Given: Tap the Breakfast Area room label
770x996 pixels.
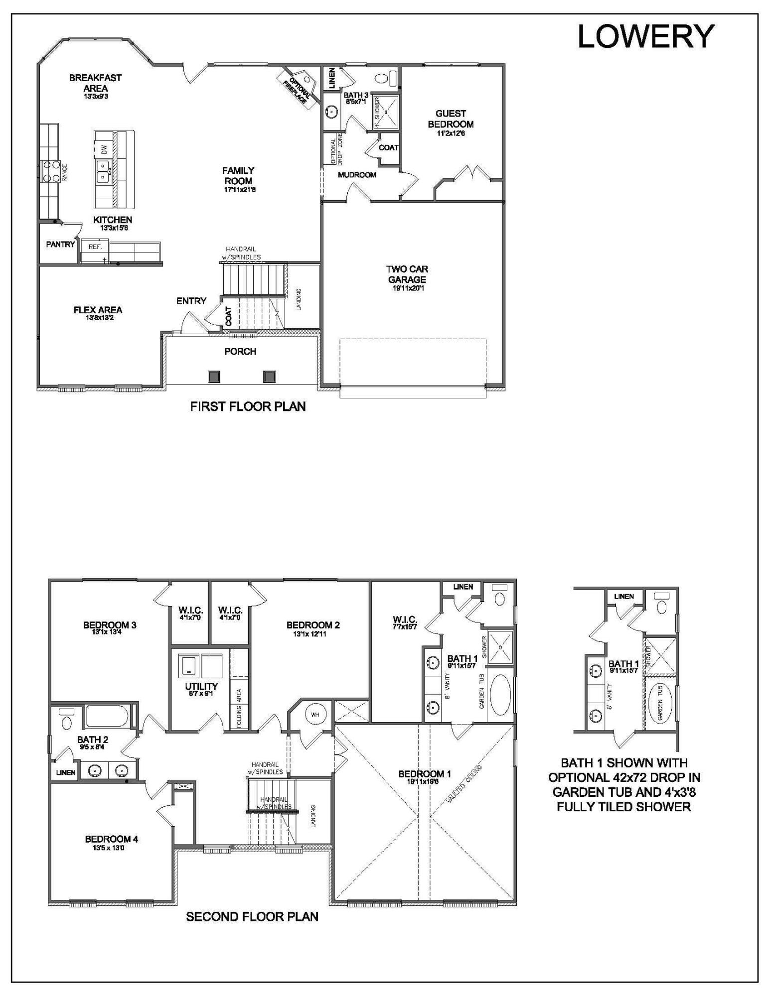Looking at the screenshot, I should click(x=95, y=83).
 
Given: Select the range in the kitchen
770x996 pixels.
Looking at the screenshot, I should click(x=50, y=172).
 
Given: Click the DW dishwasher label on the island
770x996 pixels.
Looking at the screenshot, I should click(x=104, y=149).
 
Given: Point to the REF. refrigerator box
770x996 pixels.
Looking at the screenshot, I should click(x=95, y=247).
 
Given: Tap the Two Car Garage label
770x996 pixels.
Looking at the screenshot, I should click(x=407, y=274).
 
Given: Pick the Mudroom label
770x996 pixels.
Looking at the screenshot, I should click(x=357, y=175).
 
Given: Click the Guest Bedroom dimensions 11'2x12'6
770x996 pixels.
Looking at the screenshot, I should click(x=451, y=133).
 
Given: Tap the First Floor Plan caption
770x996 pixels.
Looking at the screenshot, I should click(x=248, y=406).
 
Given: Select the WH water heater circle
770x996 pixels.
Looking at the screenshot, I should click(x=315, y=715).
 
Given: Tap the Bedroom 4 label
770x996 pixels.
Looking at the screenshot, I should click(x=111, y=839).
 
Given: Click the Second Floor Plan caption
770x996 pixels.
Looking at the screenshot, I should click(x=252, y=917).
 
